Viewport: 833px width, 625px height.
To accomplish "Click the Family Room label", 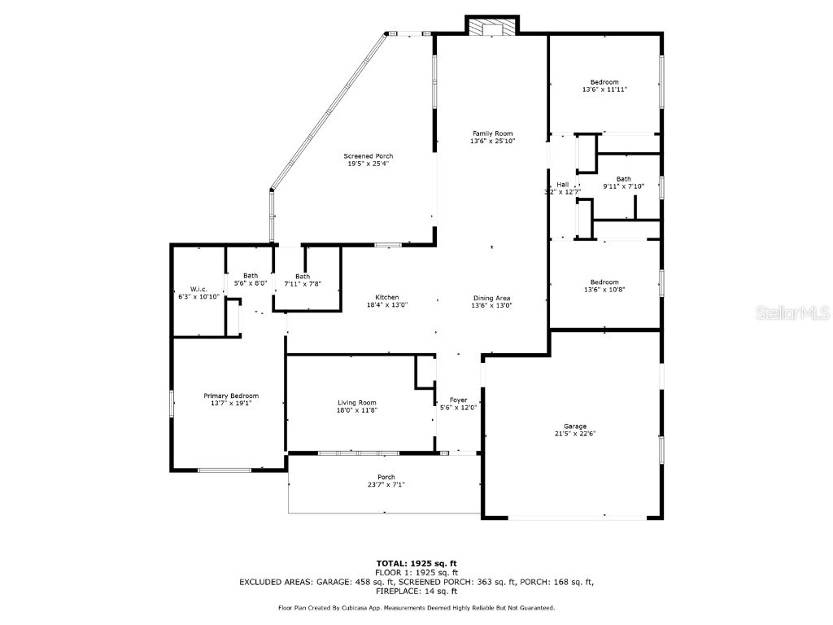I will point(492,133).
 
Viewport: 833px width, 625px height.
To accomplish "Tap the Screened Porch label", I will point(368,156).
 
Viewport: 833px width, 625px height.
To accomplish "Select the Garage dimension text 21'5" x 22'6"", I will point(575,434).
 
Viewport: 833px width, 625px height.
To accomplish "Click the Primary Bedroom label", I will point(231,396).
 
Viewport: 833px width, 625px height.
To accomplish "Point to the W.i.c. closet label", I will point(198,289).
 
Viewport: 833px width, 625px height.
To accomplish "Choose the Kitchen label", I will point(386,297).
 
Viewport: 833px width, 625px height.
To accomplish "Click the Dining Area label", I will point(492,297).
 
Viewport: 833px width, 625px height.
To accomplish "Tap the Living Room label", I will point(357,402).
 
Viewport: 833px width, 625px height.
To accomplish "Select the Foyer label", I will point(458,400).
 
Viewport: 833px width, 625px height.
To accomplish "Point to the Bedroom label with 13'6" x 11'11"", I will point(604,82).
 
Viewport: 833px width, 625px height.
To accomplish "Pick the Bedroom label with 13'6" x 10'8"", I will point(604,282).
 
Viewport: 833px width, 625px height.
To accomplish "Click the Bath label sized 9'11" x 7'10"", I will point(623,179).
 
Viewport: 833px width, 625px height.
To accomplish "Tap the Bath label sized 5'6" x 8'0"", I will point(250,276).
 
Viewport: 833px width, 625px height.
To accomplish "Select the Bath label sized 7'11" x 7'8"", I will point(302,276).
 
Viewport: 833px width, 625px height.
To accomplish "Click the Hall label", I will point(563,185).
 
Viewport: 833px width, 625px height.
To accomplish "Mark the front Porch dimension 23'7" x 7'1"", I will point(386,484).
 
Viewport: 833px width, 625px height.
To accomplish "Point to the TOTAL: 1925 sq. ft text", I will point(416,563).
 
